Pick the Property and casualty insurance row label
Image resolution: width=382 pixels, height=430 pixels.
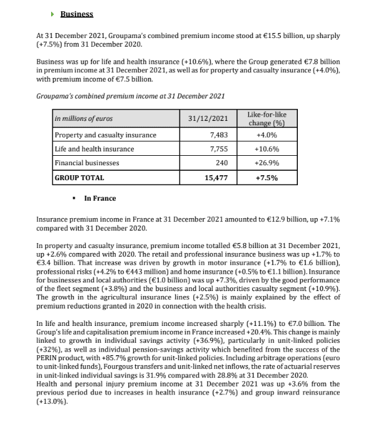pyautogui.click(x=96, y=135)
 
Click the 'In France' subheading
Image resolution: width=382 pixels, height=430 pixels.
pyautogui.click(x=100, y=198)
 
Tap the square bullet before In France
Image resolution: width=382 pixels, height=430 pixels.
pyautogui.click(x=74, y=198)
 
